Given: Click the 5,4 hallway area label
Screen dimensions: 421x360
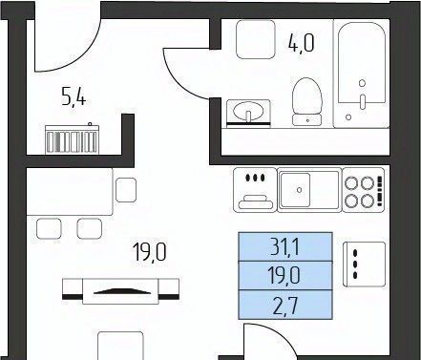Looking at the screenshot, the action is [74, 97].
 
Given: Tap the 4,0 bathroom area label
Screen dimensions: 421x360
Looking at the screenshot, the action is [301, 43].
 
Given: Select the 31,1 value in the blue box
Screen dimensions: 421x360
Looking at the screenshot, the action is [284, 247].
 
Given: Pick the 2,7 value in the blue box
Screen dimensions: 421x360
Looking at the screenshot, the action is [285, 306].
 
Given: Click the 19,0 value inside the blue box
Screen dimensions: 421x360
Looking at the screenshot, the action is [284, 276].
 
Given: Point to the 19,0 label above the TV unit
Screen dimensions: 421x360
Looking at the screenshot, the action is [150, 252].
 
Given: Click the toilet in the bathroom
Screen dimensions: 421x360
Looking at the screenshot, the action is [306, 101].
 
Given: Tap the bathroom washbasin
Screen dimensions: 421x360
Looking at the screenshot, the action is [248, 114].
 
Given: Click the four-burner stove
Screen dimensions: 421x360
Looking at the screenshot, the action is [363, 190].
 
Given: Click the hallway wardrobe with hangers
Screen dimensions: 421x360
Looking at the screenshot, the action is [72, 139].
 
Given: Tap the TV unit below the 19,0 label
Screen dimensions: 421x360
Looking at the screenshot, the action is [120, 291].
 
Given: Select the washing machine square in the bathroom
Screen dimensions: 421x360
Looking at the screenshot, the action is [256, 39].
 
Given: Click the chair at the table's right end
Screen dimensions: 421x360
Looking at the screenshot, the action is [126, 190].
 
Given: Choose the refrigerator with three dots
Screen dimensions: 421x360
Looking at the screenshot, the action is [365, 265].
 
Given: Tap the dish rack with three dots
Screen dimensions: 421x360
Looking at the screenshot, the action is [255, 190].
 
